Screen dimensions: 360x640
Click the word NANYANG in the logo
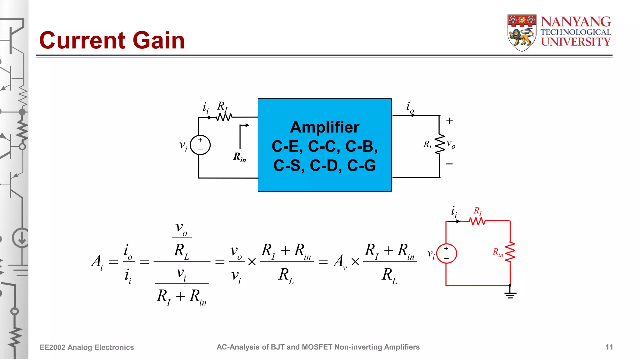[x=576, y=22]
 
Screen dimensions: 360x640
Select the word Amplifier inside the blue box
[x=324, y=127]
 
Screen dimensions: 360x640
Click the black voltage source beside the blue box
[x=200, y=145]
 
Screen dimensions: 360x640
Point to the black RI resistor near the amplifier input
[x=224, y=117]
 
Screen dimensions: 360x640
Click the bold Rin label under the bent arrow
[x=239, y=157]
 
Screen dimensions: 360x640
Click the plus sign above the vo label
[x=449, y=121]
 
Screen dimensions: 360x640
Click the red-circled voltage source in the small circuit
[x=447, y=253]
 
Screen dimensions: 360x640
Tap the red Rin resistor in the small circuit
[x=510, y=252]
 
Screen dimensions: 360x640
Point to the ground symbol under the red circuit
[x=510, y=294]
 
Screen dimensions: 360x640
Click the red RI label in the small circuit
[x=477, y=211]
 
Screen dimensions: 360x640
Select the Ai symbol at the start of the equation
[x=97, y=262]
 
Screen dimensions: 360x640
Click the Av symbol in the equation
[x=340, y=262]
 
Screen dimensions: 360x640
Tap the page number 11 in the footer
[x=609, y=347]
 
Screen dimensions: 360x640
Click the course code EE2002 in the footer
[x=52, y=347]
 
